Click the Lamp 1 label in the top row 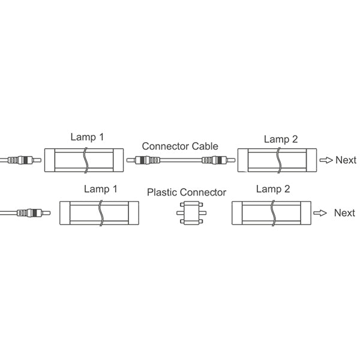[87, 137]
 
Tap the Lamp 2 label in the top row [281, 139]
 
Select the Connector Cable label [180, 146]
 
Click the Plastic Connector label [187, 193]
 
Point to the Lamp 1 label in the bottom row [100, 189]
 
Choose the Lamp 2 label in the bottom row [273, 189]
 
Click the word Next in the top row [346, 160]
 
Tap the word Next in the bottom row [344, 212]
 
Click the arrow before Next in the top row [326, 160]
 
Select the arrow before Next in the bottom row [322, 213]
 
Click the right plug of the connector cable [217, 161]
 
